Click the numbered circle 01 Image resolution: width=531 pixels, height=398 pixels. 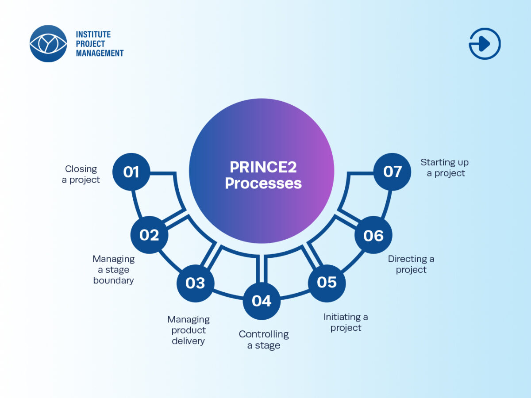[131, 172]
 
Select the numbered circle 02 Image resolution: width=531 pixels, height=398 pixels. [149, 235]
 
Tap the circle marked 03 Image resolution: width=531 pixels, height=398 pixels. [195, 283]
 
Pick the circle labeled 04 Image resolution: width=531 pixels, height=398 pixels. [262, 301]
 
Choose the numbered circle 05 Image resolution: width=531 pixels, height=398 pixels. [327, 282]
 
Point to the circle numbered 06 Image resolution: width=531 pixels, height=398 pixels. [373, 235]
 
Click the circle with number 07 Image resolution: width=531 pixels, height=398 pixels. [392, 172]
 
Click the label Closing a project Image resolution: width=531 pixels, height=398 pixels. [81, 174]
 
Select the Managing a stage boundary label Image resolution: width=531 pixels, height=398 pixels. [114, 269]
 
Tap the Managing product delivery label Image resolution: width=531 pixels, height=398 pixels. [189, 330]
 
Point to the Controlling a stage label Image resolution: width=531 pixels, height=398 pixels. [264, 340]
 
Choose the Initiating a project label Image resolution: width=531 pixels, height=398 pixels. [346, 322]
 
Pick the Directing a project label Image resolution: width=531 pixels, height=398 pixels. [411, 264]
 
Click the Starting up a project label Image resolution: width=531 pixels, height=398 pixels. [445, 168]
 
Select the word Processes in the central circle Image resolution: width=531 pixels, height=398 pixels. [263, 183]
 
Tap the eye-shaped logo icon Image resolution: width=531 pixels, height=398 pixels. [48, 43]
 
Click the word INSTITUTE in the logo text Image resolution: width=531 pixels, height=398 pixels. [93, 34]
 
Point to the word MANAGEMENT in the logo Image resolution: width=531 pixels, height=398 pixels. [100, 53]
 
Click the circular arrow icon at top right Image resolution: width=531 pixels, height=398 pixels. [485, 43]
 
